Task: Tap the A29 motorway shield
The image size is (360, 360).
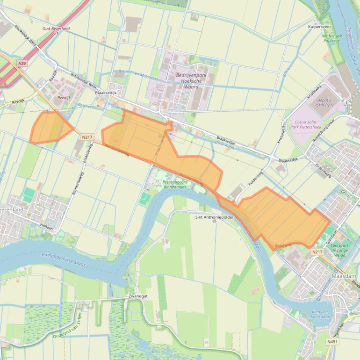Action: pos(22,63)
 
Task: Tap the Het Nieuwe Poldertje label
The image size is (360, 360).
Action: pos(331,38)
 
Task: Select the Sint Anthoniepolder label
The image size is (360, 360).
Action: pos(215,217)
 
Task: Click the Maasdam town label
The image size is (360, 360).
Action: pos(343,276)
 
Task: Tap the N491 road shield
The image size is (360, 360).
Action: pos(332,342)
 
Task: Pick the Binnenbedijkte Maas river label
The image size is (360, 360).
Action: pos(64,259)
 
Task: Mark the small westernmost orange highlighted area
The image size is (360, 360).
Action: pos(50,127)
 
